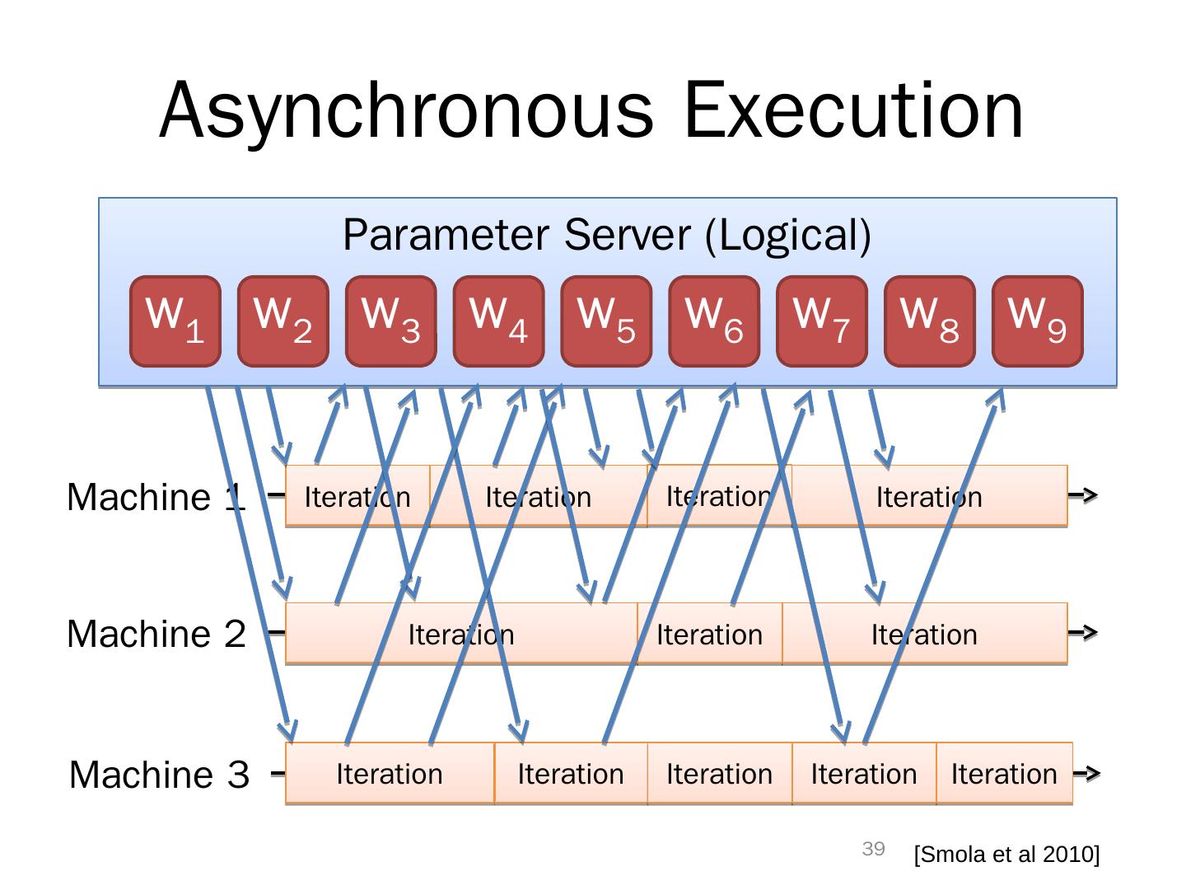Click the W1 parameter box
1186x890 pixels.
pyautogui.click(x=175, y=321)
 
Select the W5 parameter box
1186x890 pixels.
pyautogui.click(x=606, y=321)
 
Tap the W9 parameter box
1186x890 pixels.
pyautogui.click(x=1037, y=321)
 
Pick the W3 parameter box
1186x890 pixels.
pyautogui.click(x=390, y=321)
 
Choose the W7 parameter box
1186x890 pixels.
pyautogui.click(x=821, y=321)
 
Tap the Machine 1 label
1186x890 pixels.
pyautogui.click(x=156, y=498)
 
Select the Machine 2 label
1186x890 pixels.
pyautogui.click(x=156, y=635)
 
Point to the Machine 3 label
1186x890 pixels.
pyautogui.click(x=159, y=775)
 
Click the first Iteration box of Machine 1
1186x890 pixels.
pyautogui.click(x=357, y=497)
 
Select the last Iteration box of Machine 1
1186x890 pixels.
pyautogui.click(x=929, y=497)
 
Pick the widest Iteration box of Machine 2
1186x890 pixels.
pyautogui.click(x=461, y=635)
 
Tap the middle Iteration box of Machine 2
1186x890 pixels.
pyautogui.click(x=709, y=635)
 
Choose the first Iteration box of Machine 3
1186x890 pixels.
pyautogui.click(x=390, y=774)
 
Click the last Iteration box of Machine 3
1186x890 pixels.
pyautogui.click(x=1004, y=774)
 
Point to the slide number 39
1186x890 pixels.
pyautogui.click(x=873, y=849)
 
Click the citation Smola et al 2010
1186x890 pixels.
pyautogui.click(x=1006, y=855)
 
